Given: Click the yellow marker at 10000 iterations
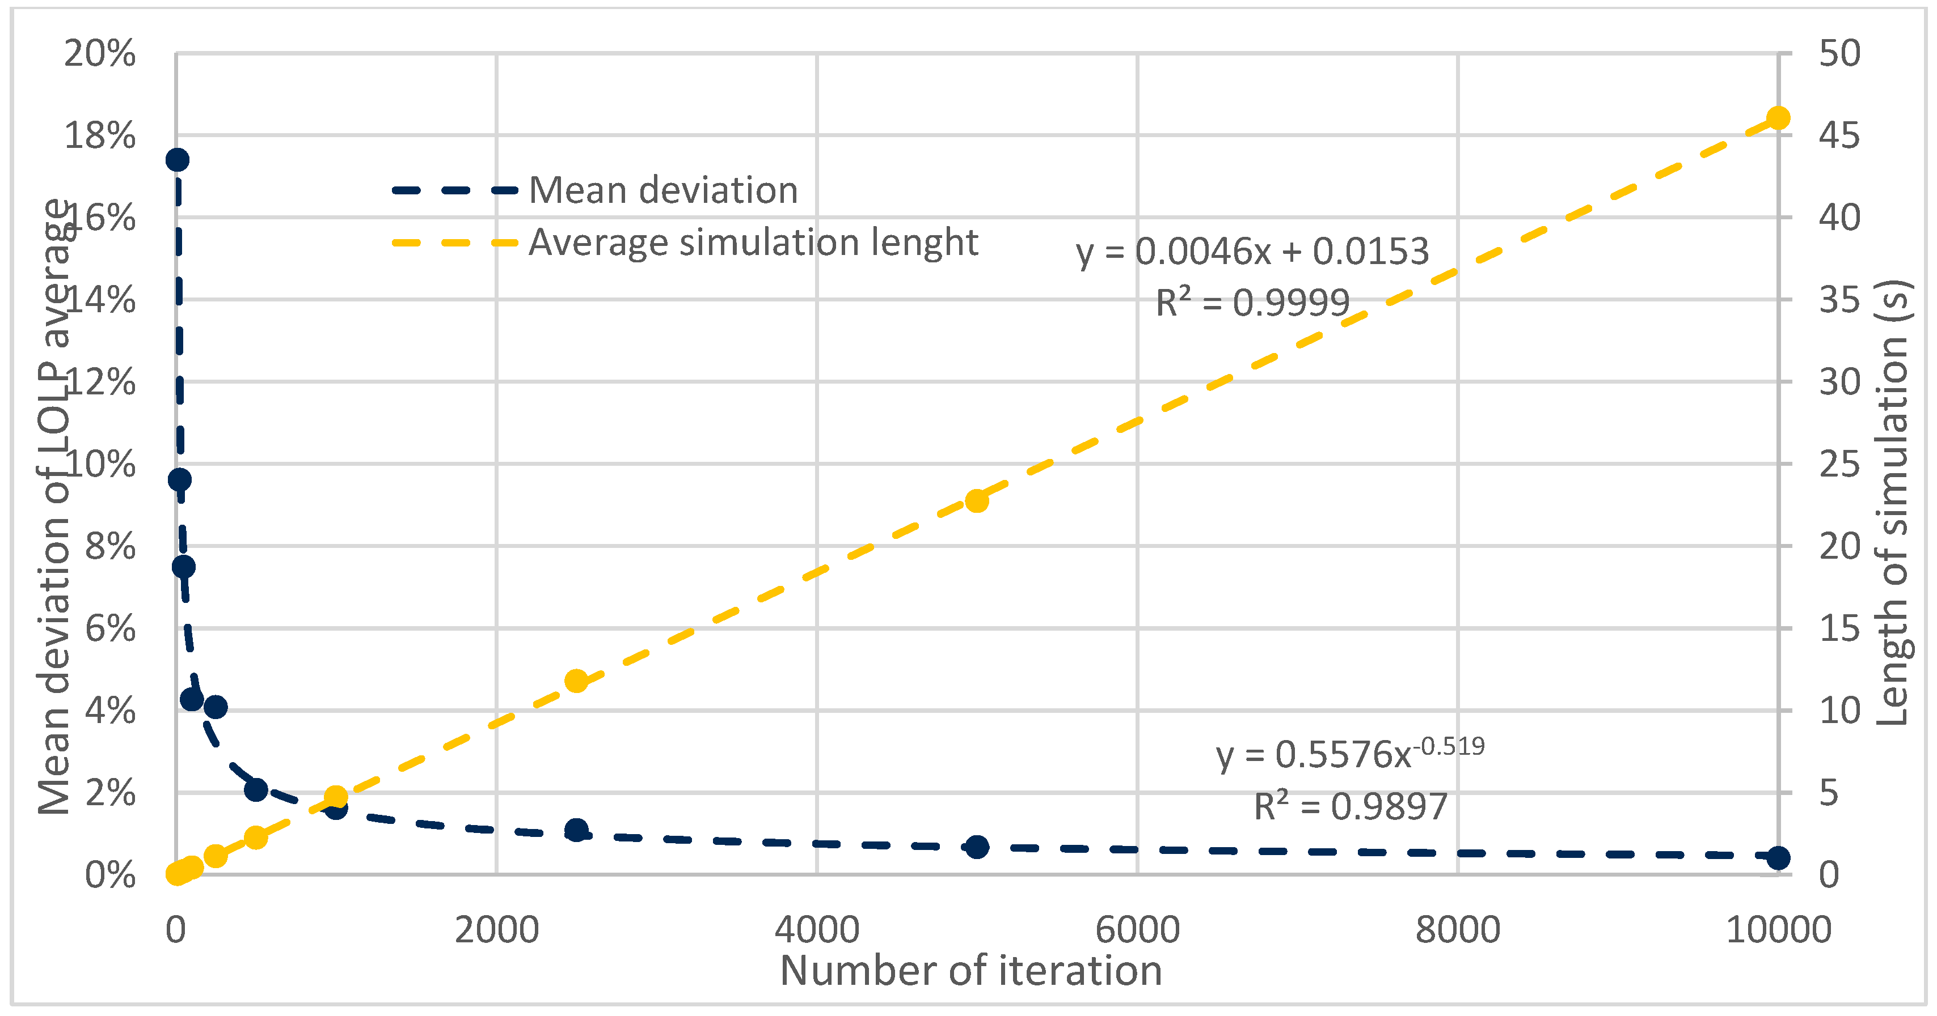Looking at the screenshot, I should (1778, 118).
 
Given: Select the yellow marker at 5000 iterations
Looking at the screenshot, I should (977, 500).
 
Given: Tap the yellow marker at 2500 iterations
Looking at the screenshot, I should (576, 681).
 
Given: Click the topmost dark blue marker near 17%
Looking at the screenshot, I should (178, 160).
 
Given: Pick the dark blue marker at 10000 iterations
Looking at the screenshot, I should (1778, 857).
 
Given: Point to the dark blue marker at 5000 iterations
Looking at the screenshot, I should (977, 847).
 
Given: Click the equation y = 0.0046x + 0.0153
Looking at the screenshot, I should (1252, 252).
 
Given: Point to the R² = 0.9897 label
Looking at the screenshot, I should (1350, 807).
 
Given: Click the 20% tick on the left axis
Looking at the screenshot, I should (100, 54).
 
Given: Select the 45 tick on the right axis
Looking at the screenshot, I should (1839, 136).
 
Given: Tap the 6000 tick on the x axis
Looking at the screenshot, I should (1137, 930).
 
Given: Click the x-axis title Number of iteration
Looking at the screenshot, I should (970, 971).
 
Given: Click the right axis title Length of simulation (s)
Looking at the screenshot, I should (1892, 502).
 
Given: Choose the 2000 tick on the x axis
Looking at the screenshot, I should (496, 930).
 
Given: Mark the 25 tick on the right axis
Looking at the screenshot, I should (1839, 465).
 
